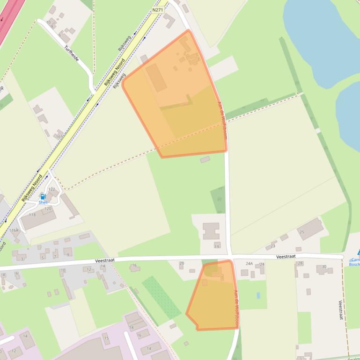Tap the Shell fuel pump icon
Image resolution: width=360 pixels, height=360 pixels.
[43, 196]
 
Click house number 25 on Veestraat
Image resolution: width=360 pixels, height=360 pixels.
[302, 232]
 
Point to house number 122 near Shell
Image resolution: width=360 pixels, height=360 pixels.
[52, 189]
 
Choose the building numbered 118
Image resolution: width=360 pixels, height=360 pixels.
[32, 215]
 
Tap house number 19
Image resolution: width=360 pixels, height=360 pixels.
[217, 246]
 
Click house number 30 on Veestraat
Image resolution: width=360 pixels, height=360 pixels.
[324, 267]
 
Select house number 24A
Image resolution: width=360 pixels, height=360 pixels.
[249, 264]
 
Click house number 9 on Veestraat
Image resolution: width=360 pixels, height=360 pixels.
[68, 254]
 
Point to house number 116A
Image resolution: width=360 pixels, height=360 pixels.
[14, 230]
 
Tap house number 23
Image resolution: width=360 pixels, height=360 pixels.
[273, 246]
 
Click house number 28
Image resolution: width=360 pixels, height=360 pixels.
[300, 263]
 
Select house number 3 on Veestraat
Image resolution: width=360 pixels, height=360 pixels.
[22, 259]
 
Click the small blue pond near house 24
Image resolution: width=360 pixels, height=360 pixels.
[258, 295]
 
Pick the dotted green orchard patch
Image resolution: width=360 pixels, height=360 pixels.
[162, 297]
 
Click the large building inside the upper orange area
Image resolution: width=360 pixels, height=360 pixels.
[156, 78]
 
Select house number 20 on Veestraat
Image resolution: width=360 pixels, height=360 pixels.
[182, 264]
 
